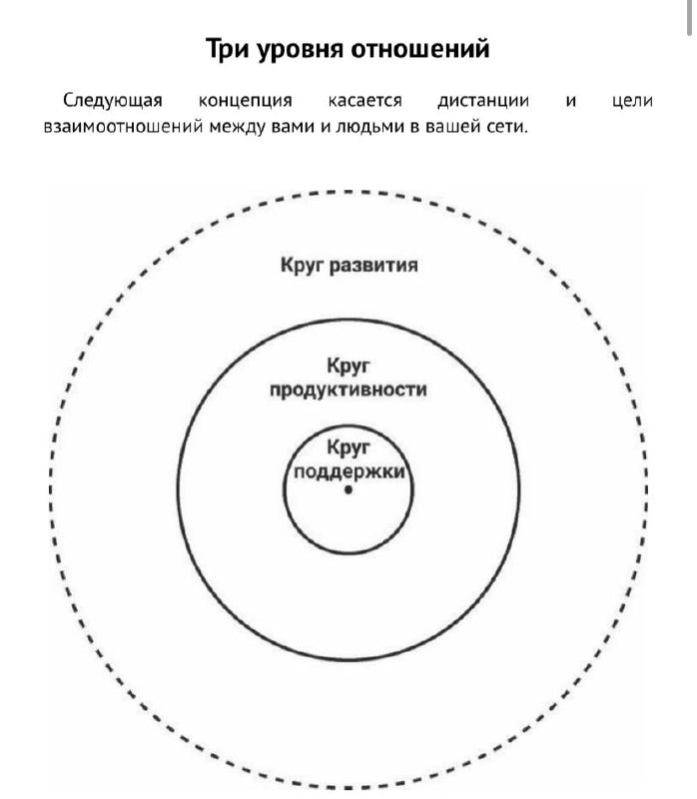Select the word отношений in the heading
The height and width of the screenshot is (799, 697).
pos(420,49)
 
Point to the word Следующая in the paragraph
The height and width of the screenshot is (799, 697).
pos(113,101)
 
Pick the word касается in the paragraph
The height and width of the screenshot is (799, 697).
pos(364,101)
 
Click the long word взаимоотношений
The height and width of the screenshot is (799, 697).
pos(123,127)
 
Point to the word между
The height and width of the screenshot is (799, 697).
pos(238,127)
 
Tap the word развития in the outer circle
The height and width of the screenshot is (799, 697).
pos(374,266)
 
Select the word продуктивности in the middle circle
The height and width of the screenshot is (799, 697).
pos(348,391)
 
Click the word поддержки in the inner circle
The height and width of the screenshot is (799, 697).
pos(349,471)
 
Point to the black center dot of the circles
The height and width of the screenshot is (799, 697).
pos(348,489)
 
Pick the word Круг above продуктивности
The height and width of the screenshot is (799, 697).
pos(348,367)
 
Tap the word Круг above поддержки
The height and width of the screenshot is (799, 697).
pos(348,447)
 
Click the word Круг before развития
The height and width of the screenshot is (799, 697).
pos(303,266)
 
